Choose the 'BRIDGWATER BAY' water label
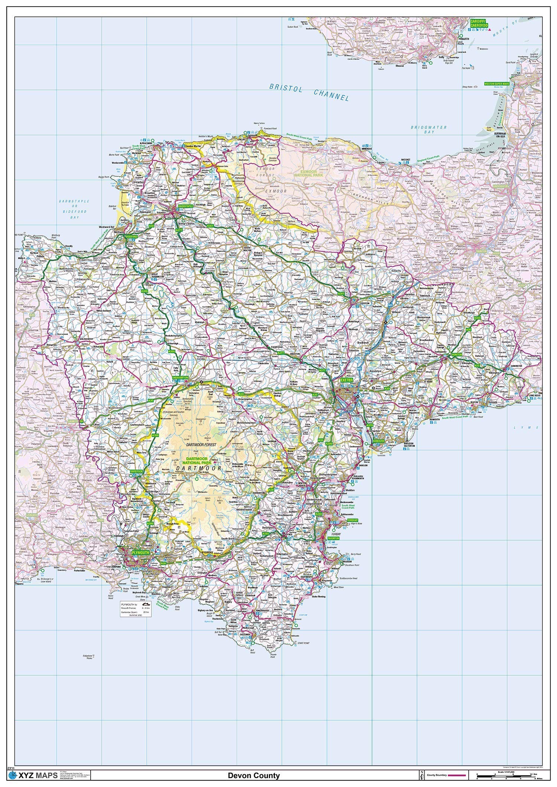pos(429,129)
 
